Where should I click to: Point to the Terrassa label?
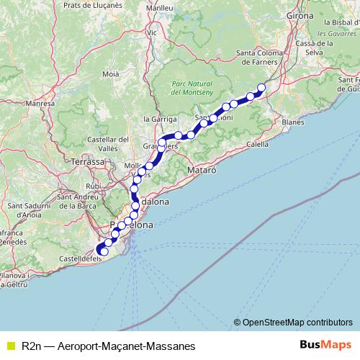(89, 163)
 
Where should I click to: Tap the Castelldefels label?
(78, 257)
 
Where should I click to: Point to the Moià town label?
(111, 73)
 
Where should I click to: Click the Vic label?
(151, 32)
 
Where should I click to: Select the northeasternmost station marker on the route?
(261, 88)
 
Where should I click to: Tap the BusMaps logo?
(324, 346)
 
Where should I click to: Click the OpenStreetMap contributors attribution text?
(297, 322)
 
